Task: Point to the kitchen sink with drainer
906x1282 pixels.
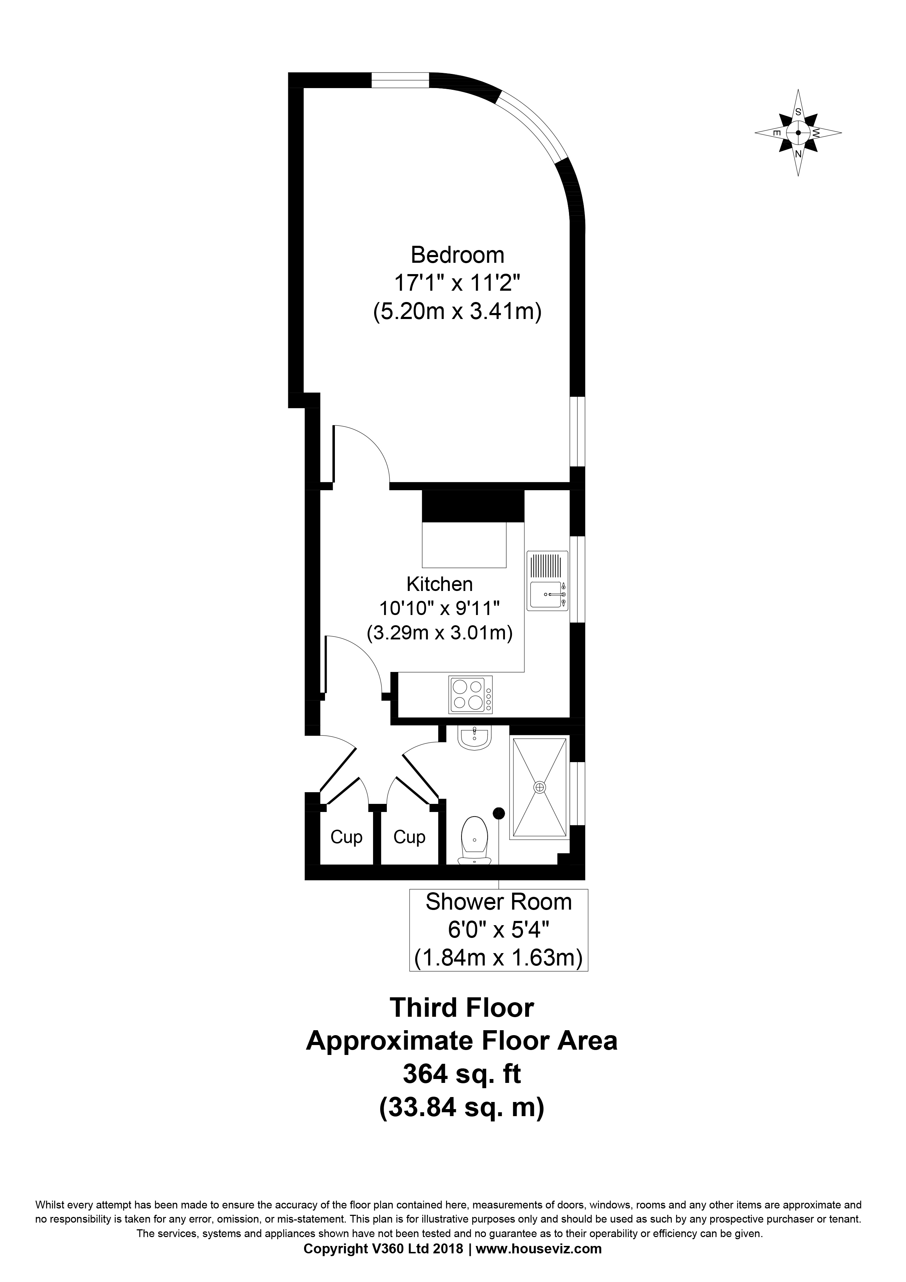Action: point(548,581)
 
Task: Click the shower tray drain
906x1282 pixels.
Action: point(539,787)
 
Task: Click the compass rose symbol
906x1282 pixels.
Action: point(798,133)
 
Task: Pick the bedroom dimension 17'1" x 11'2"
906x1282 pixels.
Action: point(457,283)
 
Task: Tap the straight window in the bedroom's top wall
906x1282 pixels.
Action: point(400,81)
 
